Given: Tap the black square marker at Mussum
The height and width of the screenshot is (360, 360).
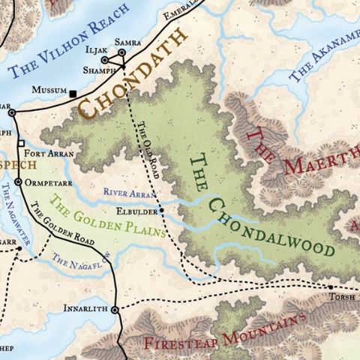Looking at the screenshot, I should pos(73,93).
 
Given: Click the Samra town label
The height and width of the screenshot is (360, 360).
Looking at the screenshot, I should pos(127,43).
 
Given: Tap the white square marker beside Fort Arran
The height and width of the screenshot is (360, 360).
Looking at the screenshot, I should pos(21,143).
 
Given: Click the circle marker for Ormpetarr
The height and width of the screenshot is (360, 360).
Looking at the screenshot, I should pos(18,181).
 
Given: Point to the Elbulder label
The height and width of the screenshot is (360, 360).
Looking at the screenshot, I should pos(134,211).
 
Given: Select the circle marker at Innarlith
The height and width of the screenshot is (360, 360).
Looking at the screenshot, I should pos(115,309).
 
